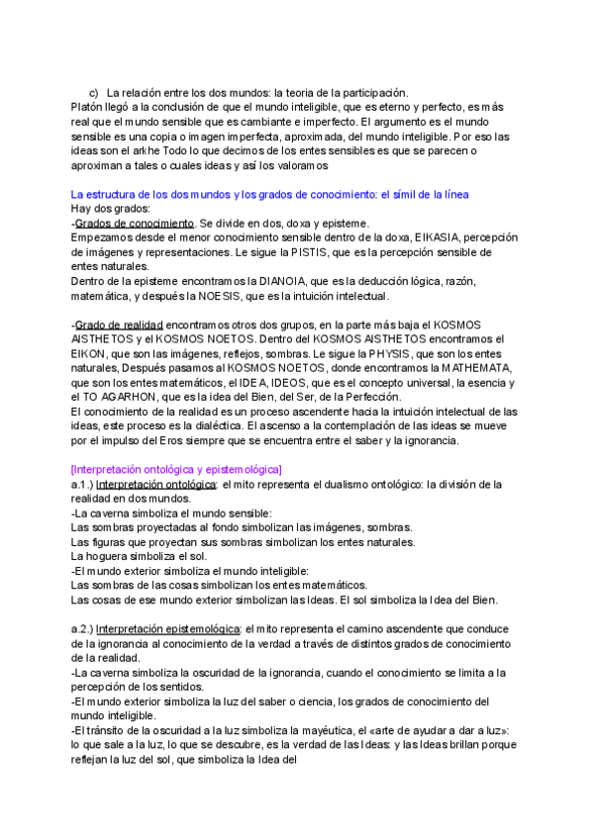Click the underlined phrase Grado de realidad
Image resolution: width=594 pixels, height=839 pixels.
(120, 325)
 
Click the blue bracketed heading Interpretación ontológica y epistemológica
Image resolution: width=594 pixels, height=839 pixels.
(177, 469)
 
